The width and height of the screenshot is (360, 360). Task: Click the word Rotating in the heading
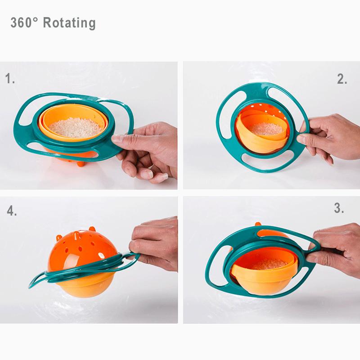click(69, 22)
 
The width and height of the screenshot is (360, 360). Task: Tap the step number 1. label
click(10, 79)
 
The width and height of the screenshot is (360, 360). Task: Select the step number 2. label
click(342, 79)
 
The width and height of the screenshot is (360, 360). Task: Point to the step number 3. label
click(339, 208)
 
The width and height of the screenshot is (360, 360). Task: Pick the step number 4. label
click(12, 211)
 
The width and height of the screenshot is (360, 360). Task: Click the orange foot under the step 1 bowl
click(81, 163)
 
